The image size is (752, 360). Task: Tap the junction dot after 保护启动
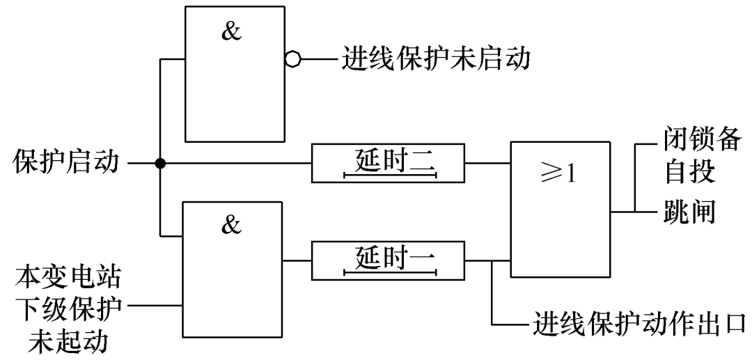click(160, 164)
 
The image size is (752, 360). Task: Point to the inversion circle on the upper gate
click(292, 60)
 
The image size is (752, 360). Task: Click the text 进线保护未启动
click(436, 60)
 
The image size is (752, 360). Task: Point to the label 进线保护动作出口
click(640, 324)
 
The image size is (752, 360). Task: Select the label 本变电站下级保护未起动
click(68, 306)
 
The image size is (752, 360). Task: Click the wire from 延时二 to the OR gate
click(487, 164)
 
